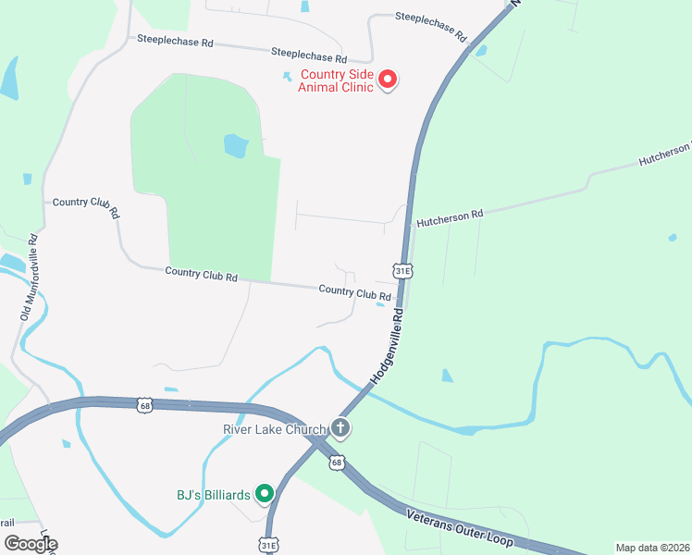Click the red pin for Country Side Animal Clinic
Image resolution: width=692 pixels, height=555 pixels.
click(x=388, y=80)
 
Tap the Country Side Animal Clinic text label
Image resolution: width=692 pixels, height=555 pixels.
click(x=335, y=80)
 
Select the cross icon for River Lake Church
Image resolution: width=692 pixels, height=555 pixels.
click(x=340, y=428)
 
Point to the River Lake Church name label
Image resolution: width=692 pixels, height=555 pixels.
click(x=275, y=429)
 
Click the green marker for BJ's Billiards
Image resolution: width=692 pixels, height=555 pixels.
click(x=265, y=494)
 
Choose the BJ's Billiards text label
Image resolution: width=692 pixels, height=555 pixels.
click(x=214, y=495)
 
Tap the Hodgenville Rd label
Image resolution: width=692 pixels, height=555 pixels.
click(x=387, y=347)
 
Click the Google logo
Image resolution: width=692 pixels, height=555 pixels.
click(x=31, y=544)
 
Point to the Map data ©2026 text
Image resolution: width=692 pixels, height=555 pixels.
click(x=652, y=548)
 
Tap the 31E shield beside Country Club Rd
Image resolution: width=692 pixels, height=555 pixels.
click(x=402, y=270)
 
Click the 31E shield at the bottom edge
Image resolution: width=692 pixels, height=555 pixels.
click(x=269, y=545)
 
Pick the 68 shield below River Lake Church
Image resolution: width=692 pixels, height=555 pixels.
click(x=337, y=462)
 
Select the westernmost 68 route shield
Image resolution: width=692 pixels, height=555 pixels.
click(x=143, y=405)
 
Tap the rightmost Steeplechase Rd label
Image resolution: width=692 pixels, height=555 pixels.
click(x=430, y=28)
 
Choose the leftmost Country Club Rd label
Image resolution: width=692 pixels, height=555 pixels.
click(x=86, y=207)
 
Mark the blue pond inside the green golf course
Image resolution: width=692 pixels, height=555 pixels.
click(x=236, y=145)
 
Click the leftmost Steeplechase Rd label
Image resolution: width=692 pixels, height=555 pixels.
click(x=176, y=42)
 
